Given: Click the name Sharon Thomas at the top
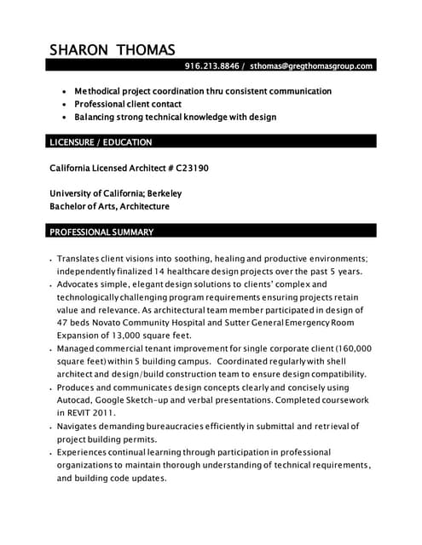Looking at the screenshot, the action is (112, 49).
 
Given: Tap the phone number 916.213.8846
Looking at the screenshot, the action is (211, 66).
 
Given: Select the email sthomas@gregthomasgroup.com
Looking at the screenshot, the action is (311, 66).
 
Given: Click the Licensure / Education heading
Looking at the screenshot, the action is (101, 142).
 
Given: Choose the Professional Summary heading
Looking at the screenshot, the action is (101, 232).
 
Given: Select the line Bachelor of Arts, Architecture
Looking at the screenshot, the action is (110, 206).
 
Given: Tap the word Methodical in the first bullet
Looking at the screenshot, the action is (101, 90).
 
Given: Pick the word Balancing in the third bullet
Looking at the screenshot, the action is (98, 117).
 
